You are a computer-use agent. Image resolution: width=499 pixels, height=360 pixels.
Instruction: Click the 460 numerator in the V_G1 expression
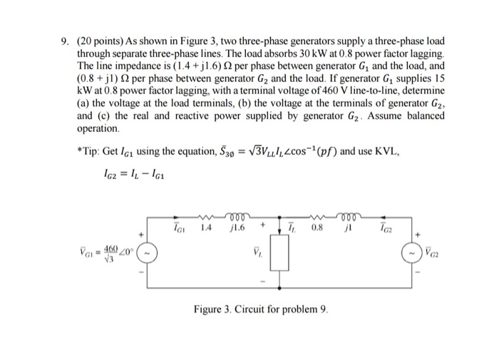click(x=110, y=247)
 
